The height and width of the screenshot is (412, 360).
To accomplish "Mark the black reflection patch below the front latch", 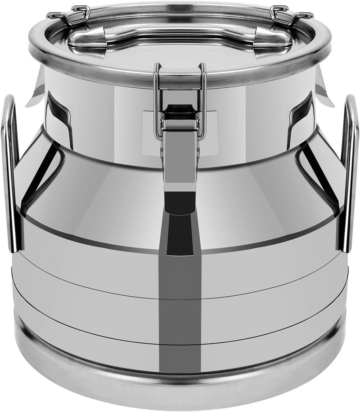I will pyautogui.click(x=180, y=208).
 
